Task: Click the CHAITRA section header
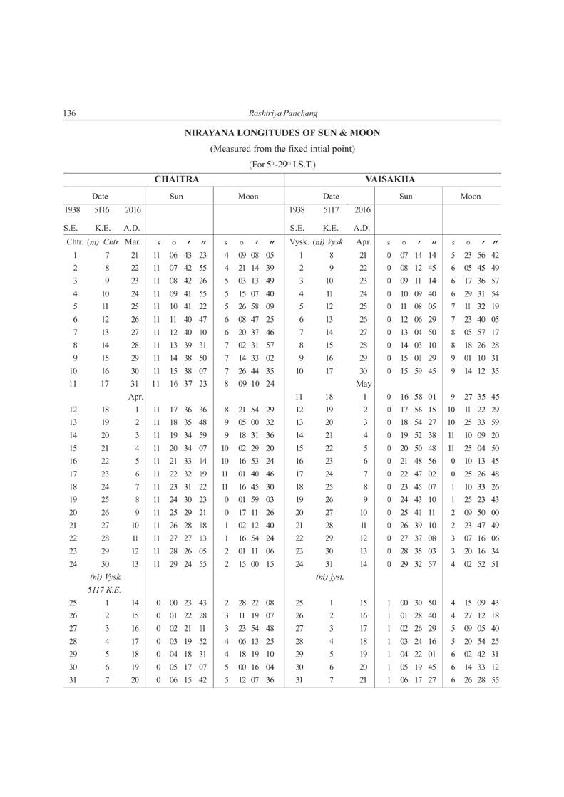point(175,179)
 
